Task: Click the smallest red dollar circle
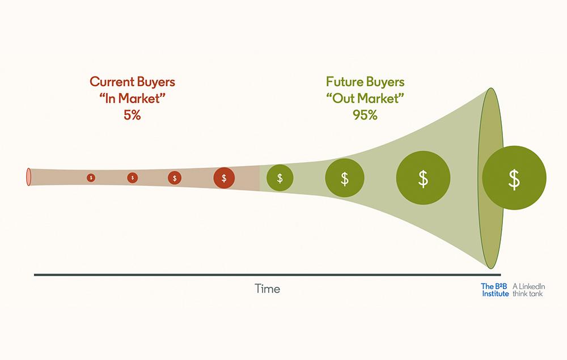[91, 178]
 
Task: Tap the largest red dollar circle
[224, 178]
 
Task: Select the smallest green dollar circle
[280, 178]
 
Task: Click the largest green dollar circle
[514, 178]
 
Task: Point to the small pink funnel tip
[28, 177]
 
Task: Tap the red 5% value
[132, 115]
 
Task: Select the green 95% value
[365, 115]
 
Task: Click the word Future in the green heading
[344, 82]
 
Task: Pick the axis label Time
[267, 289]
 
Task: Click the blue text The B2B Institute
[495, 290]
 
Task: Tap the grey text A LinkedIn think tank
[528, 290]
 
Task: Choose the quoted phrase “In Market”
[132, 98]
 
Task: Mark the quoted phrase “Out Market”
[365, 98]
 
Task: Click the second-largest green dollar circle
[423, 178]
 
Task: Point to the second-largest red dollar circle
[175, 178]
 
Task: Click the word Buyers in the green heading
[385, 82]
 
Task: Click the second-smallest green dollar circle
[345, 178]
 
